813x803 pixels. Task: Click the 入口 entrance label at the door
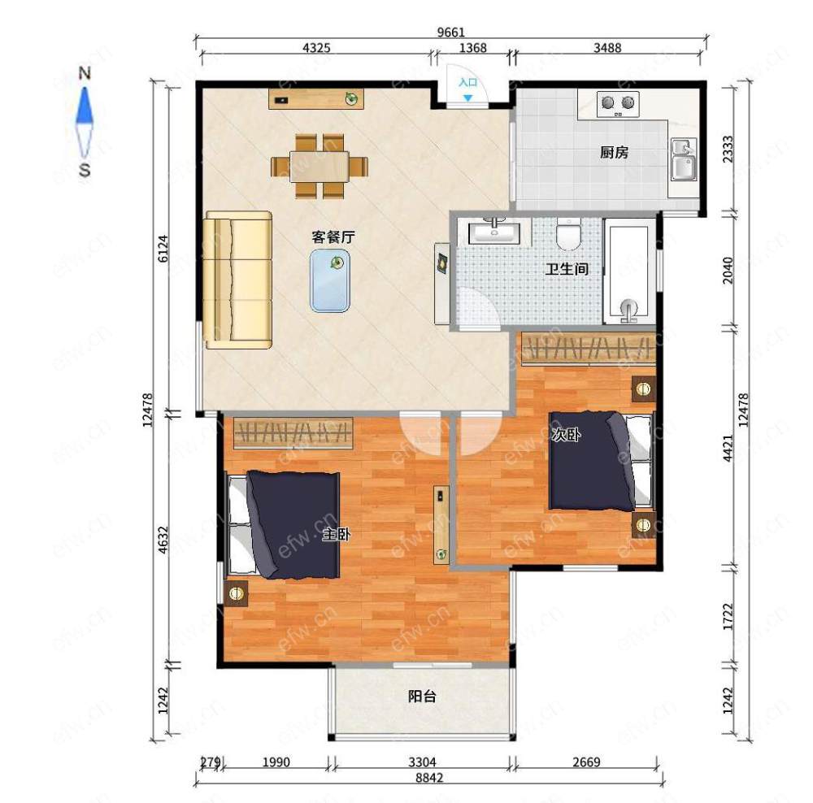467,82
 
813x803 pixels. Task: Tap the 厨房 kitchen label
614,153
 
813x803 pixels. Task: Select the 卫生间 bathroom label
567,269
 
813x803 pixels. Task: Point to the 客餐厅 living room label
333,237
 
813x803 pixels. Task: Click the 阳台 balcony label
422,697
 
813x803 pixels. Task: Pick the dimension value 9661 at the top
450,33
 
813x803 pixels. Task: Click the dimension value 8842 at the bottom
429,778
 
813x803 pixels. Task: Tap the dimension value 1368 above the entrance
473,48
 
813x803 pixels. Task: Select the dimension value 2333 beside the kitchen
728,149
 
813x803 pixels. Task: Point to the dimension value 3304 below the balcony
422,762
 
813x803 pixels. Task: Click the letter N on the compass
85,73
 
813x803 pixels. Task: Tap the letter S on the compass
85,170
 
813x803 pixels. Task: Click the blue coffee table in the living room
330,280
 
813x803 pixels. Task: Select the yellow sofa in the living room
237,280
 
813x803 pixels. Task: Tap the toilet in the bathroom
568,234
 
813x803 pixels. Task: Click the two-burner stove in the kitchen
618,104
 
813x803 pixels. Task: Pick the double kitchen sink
684,159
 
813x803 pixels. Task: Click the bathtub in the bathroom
629,271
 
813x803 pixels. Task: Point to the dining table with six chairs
320,167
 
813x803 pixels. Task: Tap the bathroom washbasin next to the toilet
494,232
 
